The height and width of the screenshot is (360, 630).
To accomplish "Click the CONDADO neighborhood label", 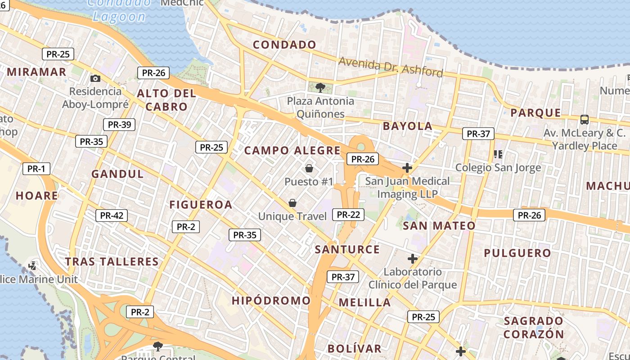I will tap(284, 45).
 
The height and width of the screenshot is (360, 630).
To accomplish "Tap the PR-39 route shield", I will tap(119, 125).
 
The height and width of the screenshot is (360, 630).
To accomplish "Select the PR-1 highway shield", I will tap(36, 169).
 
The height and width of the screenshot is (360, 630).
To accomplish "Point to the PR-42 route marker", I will tap(112, 216).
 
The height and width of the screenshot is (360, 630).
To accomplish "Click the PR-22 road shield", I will tap(348, 215).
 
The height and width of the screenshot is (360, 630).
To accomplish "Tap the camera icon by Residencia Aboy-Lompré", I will tap(95, 78).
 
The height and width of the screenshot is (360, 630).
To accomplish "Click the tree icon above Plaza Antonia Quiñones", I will tap(320, 87).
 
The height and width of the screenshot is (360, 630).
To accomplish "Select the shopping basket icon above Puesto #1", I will tap(309, 168).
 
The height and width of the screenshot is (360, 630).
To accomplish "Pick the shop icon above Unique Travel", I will tap(292, 203).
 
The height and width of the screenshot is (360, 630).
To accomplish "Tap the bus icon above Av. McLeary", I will tap(585, 119).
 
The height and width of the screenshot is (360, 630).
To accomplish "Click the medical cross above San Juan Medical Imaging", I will tap(407, 168).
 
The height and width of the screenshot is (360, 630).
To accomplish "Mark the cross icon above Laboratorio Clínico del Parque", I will tap(413, 259).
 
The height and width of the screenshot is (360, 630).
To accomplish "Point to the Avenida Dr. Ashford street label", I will tap(391, 67).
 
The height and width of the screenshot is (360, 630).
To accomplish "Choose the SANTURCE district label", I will tap(347, 249).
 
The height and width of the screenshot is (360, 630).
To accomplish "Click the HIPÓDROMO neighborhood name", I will tap(271, 300).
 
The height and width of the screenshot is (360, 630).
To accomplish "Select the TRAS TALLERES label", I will tap(112, 261).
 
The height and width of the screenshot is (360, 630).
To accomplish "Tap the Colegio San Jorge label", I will tap(498, 168).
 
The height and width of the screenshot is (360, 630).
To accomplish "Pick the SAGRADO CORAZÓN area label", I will tap(534, 328).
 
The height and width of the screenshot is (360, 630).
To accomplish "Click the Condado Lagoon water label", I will tap(119, 10).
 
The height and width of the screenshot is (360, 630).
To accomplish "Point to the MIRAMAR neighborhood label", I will tap(37, 72).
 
